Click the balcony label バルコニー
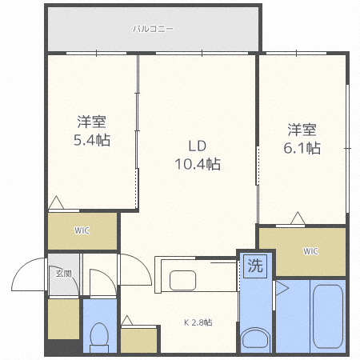tap(153, 30)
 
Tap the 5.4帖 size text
tap(92, 140)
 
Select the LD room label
tap(198, 146)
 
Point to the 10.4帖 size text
tap(198, 165)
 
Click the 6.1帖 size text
tap(303, 148)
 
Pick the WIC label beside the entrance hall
tap(82, 231)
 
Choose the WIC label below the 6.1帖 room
tap(310, 251)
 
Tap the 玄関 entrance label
tap(63, 274)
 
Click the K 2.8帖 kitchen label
tap(198, 322)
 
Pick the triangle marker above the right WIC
tap(298, 217)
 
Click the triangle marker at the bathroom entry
tap(282, 286)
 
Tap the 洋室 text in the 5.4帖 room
tap(92, 122)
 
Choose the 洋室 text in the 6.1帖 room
tap(303, 130)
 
